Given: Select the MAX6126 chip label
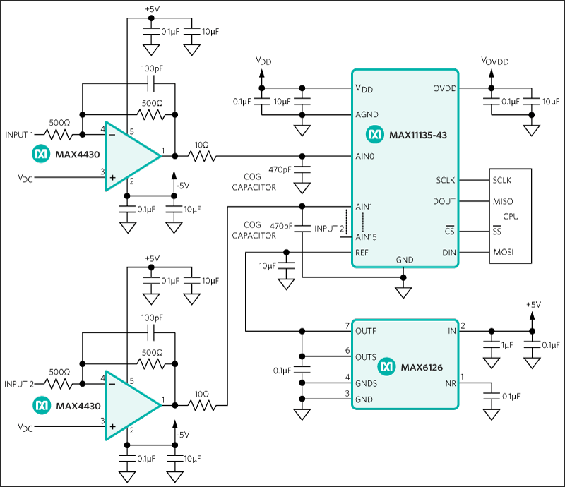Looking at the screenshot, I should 421,367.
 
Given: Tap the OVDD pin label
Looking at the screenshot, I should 445,88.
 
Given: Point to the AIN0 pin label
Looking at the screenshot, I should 365,156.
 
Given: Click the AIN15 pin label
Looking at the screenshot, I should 367,237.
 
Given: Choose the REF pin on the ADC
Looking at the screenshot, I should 362,253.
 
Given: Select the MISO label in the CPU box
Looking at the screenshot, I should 502,201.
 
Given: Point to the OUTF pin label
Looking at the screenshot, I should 366,330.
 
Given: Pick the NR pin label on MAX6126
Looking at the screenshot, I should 450,384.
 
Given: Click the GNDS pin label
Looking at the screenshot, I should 367,384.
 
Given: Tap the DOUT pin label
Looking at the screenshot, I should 444,201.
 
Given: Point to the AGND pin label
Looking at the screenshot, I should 367,114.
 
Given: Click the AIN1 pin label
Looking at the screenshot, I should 364,206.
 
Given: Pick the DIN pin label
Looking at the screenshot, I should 448,253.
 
